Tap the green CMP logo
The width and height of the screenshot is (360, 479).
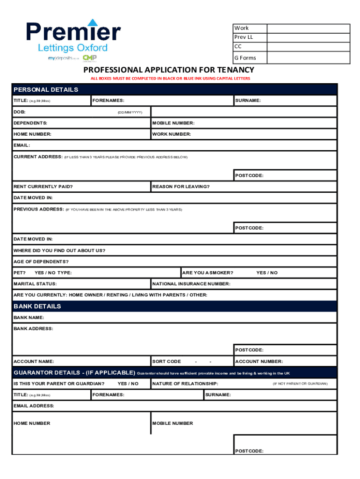coord(89,58)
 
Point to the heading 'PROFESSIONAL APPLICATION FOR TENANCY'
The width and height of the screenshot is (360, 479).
coord(169,70)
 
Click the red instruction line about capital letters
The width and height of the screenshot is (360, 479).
coord(170,79)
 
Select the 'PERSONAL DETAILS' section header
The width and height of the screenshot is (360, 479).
coord(46,89)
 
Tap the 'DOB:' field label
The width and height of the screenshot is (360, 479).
coord(20,112)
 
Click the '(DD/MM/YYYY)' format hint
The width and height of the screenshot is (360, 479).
coord(130,112)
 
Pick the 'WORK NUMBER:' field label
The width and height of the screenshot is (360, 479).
coord(172,134)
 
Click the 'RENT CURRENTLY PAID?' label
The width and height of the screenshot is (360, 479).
coord(43,187)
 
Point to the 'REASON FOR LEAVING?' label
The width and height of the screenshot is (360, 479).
coord(181,187)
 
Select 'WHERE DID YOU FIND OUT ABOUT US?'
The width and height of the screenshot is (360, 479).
coord(59,250)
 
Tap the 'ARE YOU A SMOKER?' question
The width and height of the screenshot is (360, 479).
coord(208,273)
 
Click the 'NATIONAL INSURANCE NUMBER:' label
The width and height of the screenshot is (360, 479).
coord(191,284)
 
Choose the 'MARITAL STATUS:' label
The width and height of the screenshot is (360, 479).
coord(35,284)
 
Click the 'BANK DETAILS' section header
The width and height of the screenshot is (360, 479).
coord(37,306)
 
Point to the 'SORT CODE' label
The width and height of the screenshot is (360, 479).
coord(167,362)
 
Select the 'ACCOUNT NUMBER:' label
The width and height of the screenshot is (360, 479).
coord(259,362)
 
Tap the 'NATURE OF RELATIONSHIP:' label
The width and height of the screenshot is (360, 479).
coord(185,384)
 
